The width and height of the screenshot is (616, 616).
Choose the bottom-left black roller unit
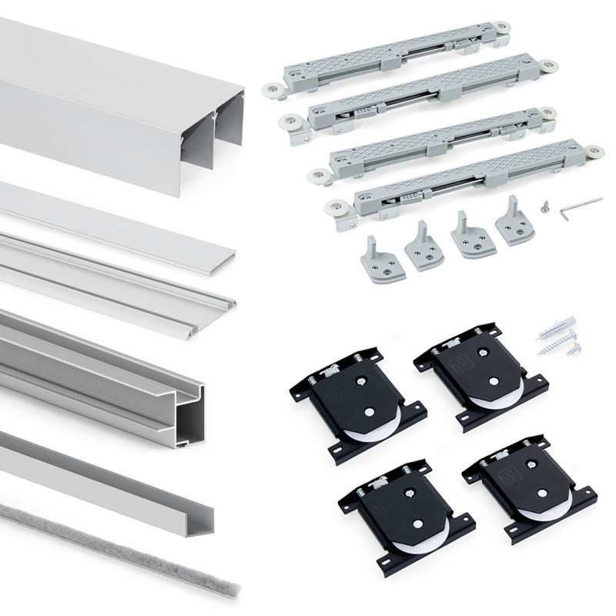[x=405, y=512]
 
